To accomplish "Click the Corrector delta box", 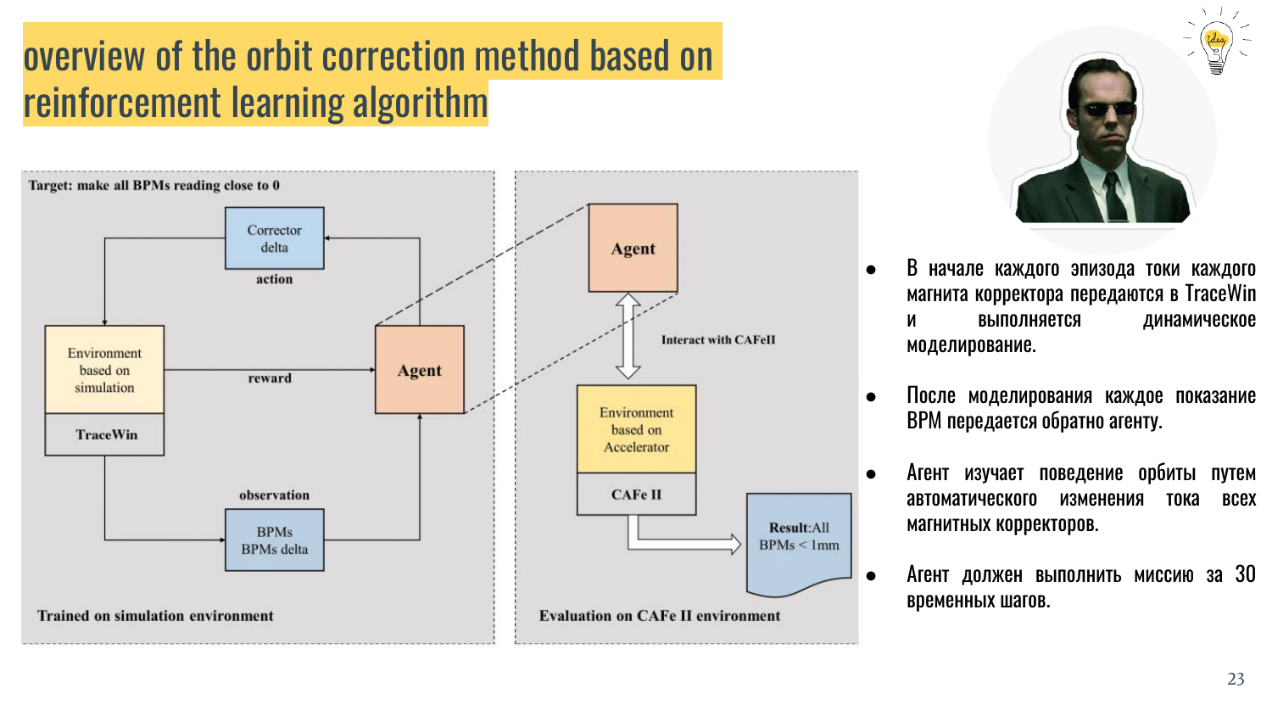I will coord(274,238).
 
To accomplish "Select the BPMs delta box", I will coord(274,540).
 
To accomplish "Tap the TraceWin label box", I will coord(105,434).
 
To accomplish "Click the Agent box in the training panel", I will coord(420,370).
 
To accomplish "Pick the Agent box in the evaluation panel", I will coord(633,249).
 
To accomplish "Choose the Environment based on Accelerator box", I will coord(636,429).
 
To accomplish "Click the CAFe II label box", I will coord(636,495).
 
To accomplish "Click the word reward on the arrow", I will coord(270,378).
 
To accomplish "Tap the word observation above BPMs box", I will coord(274,495).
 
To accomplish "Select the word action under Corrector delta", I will coord(274,279).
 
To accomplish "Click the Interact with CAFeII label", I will coord(718,340).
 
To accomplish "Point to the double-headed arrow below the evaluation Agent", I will coord(628,336).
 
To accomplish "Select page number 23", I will coord(1236,679).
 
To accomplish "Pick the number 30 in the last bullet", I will coord(1245,574).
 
